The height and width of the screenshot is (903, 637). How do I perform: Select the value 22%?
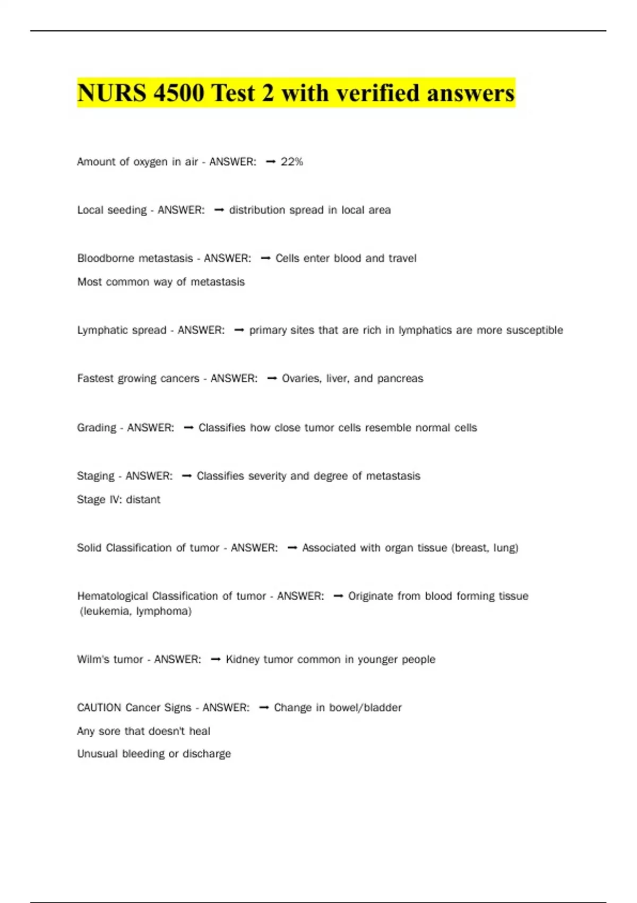pos(291,162)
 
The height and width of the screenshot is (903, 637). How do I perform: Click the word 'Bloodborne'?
pos(106,259)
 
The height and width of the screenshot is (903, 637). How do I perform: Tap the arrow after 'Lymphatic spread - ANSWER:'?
pos(239,330)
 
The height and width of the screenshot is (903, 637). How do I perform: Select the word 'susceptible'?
pos(535,330)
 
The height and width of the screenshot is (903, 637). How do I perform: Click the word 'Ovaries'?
pos(301,379)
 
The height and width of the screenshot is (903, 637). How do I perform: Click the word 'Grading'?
pos(96,428)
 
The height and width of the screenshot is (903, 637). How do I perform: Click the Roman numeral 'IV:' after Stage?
pos(116,500)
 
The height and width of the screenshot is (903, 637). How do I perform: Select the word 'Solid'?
pos(89,548)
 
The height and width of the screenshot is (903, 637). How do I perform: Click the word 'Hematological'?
pos(112,597)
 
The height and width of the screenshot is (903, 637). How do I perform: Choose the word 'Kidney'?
pos(242,660)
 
